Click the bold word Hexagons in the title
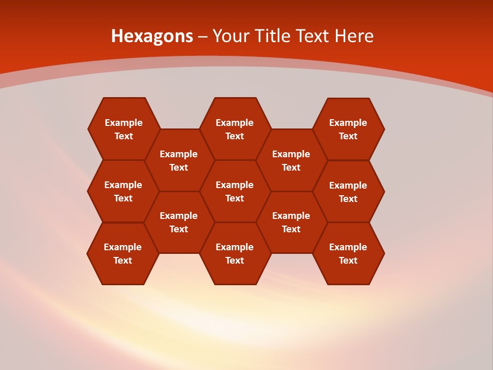pos(152,36)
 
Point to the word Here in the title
pos(354,36)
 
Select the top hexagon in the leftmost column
pos(123,129)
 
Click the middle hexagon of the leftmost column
pos(123,191)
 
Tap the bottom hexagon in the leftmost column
pos(123,253)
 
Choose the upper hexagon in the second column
pos(179,160)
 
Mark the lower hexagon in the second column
pos(179,222)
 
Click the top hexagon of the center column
pos(235,129)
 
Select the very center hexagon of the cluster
pos(235,191)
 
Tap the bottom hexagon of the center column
pos(235,253)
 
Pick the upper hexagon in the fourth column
pos(291,160)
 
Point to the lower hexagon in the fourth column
pos(291,222)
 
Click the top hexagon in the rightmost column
pos(348,129)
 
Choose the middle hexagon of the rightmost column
pos(348,192)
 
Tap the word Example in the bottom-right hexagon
pos(348,247)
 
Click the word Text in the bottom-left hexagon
pos(123,261)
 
